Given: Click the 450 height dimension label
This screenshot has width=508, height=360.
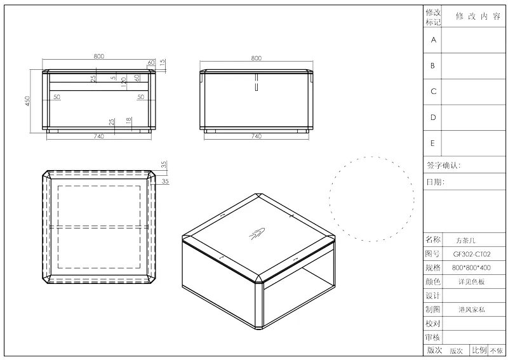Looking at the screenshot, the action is click(x=27, y=101).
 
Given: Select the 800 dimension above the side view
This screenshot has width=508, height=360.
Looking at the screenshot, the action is click(x=257, y=58).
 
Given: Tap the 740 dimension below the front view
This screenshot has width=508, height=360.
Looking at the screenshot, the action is click(x=99, y=137).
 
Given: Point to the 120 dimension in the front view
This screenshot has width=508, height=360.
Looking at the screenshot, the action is click(x=123, y=82).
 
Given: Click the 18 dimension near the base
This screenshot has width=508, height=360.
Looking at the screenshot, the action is click(x=129, y=120).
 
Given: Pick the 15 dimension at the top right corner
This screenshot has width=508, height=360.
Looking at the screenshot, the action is click(x=163, y=62).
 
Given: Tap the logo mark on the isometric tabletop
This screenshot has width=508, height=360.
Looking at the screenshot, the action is click(x=257, y=234).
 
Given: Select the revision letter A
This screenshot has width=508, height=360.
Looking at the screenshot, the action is click(x=434, y=40).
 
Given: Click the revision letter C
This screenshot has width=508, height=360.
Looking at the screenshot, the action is click(x=434, y=91).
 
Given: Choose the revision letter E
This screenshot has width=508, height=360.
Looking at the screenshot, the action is click(x=432, y=143).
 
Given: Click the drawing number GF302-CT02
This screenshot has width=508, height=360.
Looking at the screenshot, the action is click(x=472, y=255).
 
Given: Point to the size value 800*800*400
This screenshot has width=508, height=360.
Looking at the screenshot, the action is click(x=471, y=268).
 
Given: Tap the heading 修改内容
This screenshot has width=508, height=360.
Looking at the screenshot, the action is click(x=478, y=17).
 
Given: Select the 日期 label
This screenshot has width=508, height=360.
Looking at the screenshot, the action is click(x=435, y=182).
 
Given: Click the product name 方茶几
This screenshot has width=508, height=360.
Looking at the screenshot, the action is click(x=465, y=241).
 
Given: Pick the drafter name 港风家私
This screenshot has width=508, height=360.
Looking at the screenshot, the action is click(x=472, y=309).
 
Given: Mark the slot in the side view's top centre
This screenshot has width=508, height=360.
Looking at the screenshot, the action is click(x=257, y=83).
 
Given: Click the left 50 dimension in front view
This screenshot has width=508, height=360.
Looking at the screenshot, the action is click(x=57, y=97).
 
